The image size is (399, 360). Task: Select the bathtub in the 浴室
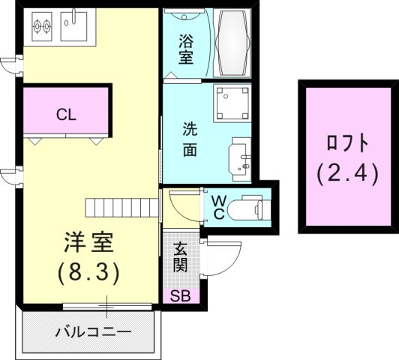(234, 43)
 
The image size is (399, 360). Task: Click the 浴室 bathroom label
(186, 48)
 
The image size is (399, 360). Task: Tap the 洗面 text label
(190, 139)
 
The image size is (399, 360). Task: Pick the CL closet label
(65, 115)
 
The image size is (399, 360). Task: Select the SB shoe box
(180, 296)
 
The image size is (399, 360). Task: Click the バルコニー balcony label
(94, 331)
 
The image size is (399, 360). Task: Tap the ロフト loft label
(348, 143)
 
